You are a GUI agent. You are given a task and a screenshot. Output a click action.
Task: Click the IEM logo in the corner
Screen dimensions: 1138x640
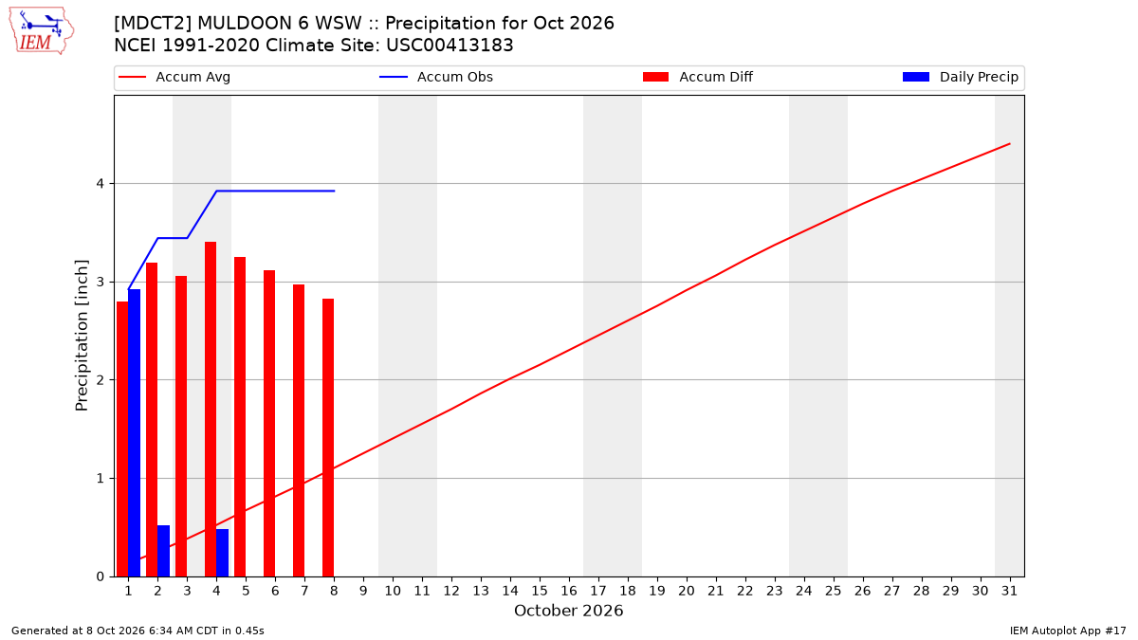click(x=42, y=31)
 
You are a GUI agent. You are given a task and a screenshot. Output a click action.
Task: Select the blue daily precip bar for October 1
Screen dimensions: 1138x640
click(x=134, y=432)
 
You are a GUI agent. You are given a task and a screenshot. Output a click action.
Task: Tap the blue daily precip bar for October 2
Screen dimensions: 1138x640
click(x=163, y=551)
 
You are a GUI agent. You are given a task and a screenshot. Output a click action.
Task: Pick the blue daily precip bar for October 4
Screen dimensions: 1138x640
click(x=223, y=553)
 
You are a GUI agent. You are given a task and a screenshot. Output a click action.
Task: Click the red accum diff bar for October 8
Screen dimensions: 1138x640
click(x=328, y=437)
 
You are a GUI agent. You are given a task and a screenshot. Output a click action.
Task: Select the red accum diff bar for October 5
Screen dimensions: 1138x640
click(x=240, y=416)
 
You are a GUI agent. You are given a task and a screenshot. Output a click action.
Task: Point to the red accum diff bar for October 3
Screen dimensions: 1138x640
click(x=181, y=426)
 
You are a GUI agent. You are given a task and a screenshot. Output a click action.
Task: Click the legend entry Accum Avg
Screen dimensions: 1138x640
click(x=174, y=77)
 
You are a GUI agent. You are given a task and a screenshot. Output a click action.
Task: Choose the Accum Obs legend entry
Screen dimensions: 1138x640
click(x=436, y=77)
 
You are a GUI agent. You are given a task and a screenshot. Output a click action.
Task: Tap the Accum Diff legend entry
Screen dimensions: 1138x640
click(x=698, y=77)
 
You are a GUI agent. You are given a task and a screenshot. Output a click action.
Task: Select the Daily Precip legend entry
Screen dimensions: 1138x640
click(x=960, y=77)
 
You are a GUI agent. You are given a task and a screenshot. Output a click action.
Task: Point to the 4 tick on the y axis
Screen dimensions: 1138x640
click(x=101, y=183)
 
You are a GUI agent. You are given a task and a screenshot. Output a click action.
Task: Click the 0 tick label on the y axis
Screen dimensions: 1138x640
click(x=101, y=576)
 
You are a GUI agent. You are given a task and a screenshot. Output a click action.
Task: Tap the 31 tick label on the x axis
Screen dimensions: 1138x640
click(x=1009, y=591)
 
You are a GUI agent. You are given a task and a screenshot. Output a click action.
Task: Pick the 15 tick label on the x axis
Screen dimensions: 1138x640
click(x=540, y=591)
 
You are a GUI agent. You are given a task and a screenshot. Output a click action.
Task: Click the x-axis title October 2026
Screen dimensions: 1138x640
click(x=568, y=611)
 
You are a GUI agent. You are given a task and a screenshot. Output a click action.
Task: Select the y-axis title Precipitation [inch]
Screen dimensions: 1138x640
click(x=82, y=336)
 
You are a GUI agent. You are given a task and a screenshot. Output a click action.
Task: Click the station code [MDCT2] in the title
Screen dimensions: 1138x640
click(x=153, y=24)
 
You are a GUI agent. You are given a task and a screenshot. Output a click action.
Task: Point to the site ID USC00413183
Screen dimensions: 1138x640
click(x=450, y=46)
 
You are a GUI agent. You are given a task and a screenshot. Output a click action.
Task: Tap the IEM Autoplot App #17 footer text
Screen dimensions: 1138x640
click(x=1068, y=631)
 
